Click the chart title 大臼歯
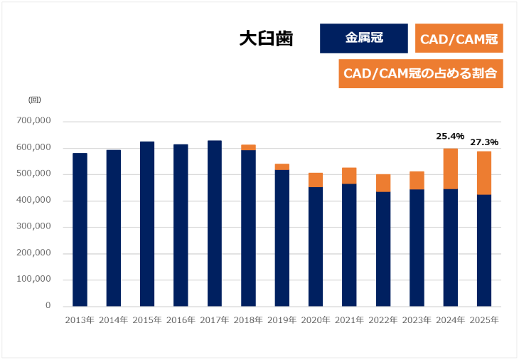coord(266,38)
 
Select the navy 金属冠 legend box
coord(364,38)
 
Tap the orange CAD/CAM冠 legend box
coord(459,38)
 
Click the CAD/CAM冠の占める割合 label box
coord(421,73)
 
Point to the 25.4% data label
coord(450,136)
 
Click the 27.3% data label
coord(484,142)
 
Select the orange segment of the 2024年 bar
coord(451,169)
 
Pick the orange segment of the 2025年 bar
coord(484,173)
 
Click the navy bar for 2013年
coord(80,230)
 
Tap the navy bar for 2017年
coord(215,223)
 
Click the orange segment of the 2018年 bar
coord(248,147)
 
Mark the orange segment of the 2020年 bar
coord(316,180)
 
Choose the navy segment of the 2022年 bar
coord(383,249)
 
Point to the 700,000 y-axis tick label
coord(33,120)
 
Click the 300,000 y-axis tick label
coord(33,226)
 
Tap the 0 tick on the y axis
coord(48,305)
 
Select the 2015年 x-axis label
coord(147,320)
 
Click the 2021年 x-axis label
coord(349,320)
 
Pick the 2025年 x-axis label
coord(484,320)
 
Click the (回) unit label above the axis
coord(35,100)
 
